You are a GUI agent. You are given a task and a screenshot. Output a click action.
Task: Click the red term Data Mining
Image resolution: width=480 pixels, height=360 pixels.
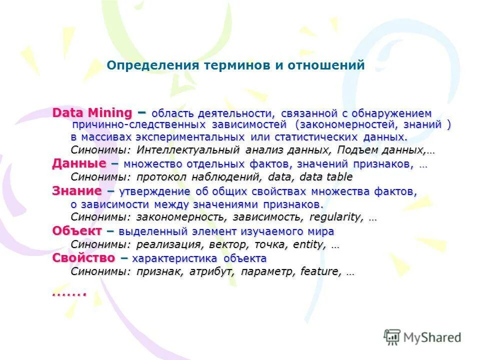point(92,113)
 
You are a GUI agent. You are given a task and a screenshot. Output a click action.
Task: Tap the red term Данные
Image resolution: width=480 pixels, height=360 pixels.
point(79,164)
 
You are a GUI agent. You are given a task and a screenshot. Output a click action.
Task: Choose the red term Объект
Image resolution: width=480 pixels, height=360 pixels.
point(77,231)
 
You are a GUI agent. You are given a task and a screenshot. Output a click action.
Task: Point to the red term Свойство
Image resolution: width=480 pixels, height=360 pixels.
point(83,258)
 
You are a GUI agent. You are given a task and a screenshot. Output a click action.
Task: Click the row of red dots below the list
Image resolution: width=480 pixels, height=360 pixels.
point(69,293)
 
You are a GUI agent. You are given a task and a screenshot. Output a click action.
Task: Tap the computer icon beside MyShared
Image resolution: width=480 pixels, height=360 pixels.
point(392,336)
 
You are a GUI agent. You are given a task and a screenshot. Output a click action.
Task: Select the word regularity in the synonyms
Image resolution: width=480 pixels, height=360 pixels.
point(336,217)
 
